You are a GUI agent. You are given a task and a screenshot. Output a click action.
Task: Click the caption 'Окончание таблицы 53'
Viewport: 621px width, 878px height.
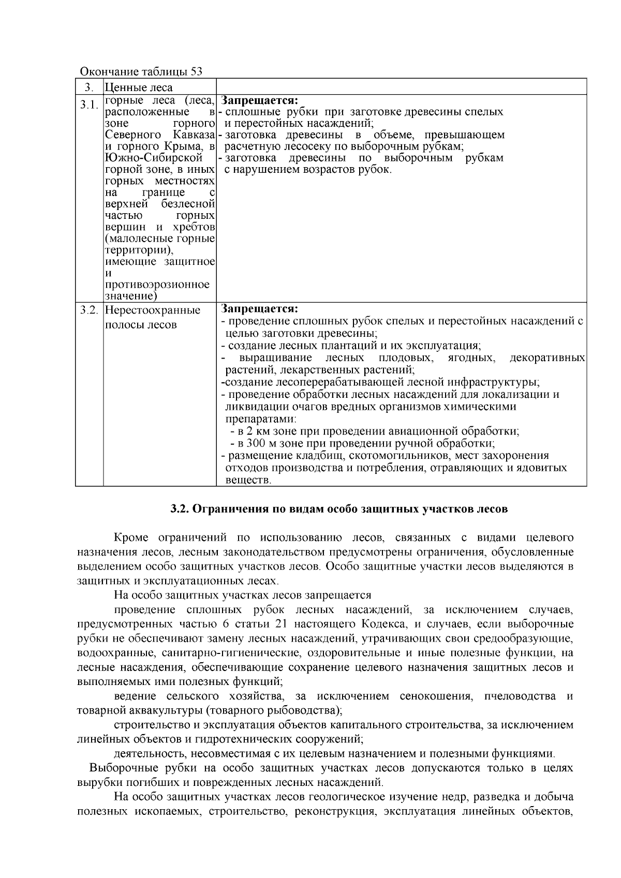pos(141,71)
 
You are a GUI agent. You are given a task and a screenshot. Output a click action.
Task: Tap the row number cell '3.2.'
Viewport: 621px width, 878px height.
pos(89,310)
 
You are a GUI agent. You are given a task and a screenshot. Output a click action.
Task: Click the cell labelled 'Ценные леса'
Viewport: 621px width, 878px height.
pos(139,87)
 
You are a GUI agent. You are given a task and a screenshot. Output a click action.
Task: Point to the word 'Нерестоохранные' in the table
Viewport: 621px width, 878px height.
pos(153,310)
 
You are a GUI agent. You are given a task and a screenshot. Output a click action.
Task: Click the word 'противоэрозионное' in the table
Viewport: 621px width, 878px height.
pos(157,285)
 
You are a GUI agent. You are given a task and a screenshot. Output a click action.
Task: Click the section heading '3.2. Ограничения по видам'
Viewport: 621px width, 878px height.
pos(339,509)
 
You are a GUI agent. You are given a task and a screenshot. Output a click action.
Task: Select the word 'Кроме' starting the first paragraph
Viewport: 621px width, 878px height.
pos(129,538)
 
